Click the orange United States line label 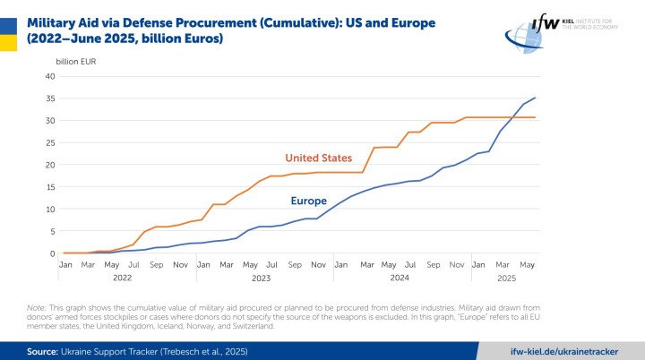click(318, 159)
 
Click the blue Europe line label click(308, 201)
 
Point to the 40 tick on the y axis click(50, 76)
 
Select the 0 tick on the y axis click(53, 253)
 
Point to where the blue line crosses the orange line click(512, 117)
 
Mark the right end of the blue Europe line click(536, 98)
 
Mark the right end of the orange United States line click(536, 117)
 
